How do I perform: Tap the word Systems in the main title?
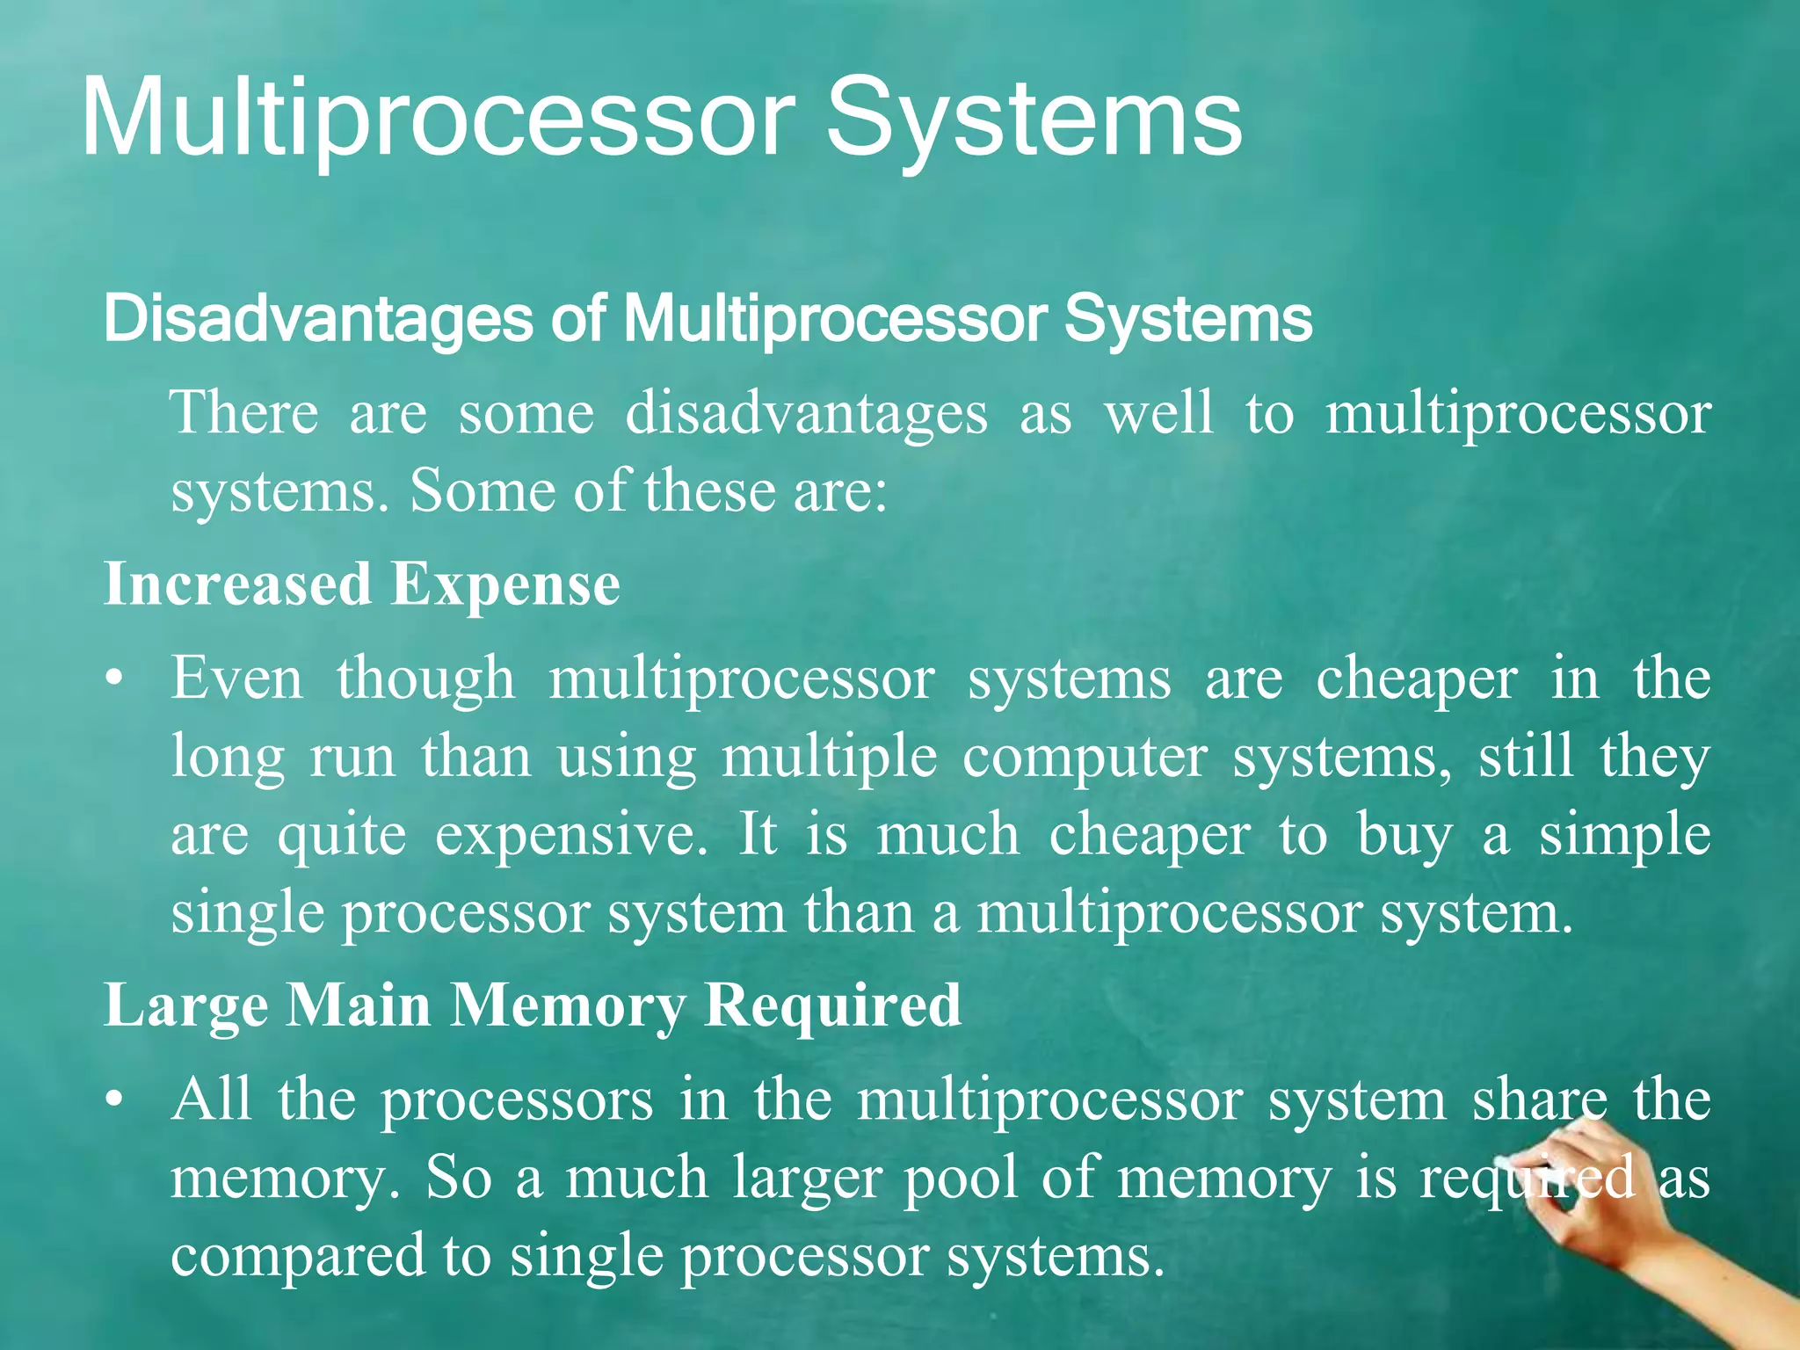pos(1034,119)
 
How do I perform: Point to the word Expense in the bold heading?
pos(505,584)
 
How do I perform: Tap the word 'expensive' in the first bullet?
pos(571,835)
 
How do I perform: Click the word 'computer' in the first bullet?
pos(1085,757)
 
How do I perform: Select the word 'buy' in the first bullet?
pos(1404,835)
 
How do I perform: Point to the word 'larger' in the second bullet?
pos(807,1179)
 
